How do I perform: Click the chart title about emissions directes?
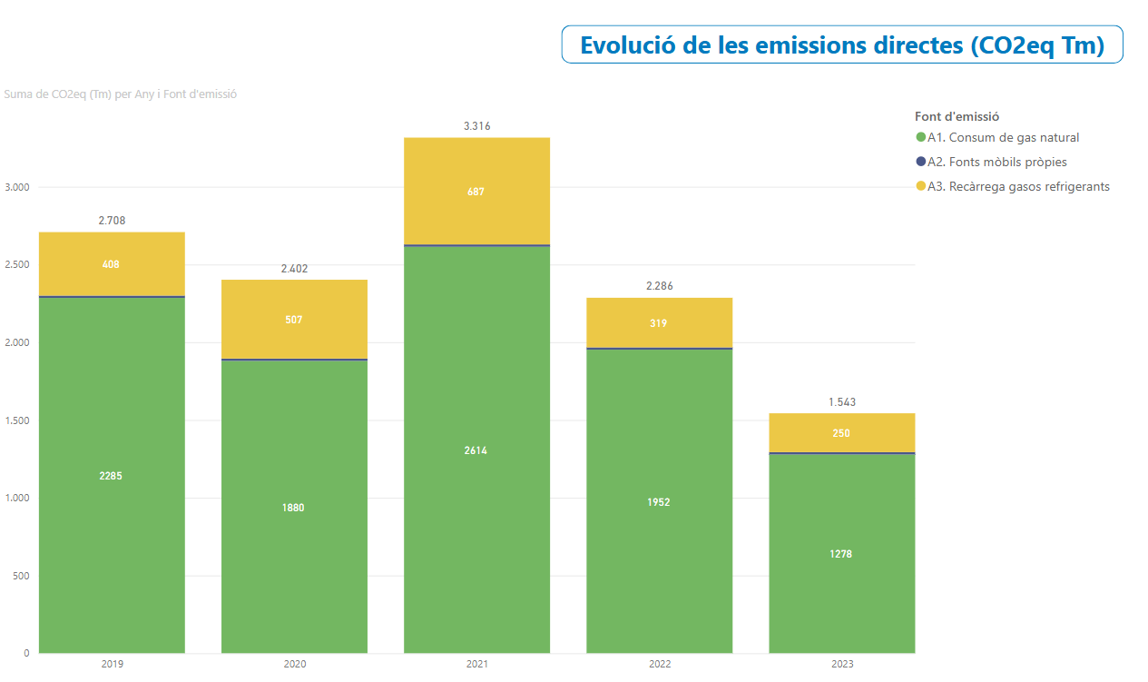click(841, 45)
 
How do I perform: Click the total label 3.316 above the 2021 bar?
click(476, 126)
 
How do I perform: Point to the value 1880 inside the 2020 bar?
click(294, 508)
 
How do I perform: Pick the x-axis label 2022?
click(660, 665)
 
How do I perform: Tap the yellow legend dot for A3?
click(921, 187)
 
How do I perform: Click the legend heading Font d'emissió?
click(957, 116)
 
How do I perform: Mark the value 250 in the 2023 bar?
click(841, 433)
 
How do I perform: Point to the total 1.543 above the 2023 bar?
click(841, 401)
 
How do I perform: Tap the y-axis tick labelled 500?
click(21, 576)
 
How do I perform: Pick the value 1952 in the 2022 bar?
click(659, 502)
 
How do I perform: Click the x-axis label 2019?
click(112, 665)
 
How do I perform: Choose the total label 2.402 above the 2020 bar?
click(294, 269)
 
